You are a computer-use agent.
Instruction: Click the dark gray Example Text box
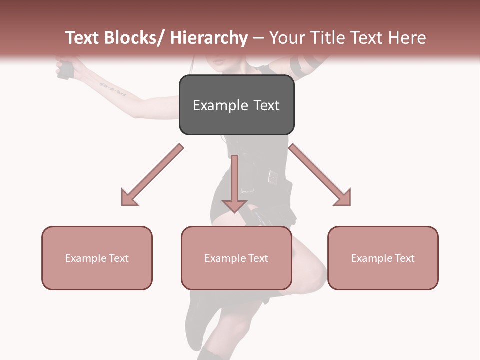click(236, 105)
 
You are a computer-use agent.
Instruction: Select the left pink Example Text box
click(97, 258)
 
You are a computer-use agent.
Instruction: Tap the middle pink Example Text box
click(236, 258)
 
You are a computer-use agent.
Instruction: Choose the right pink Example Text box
click(383, 258)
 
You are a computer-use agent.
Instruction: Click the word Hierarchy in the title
click(208, 38)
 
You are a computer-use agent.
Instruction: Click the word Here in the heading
click(409, 38)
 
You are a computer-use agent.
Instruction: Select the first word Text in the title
click(83, 38)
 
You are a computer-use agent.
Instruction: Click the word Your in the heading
click(286, 38)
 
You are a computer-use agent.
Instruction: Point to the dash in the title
click(258, 38)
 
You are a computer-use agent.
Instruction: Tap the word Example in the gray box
click(220, 105)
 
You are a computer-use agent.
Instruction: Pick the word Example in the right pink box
click(370, 258)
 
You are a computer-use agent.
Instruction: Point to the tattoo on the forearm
click(112, 90)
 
